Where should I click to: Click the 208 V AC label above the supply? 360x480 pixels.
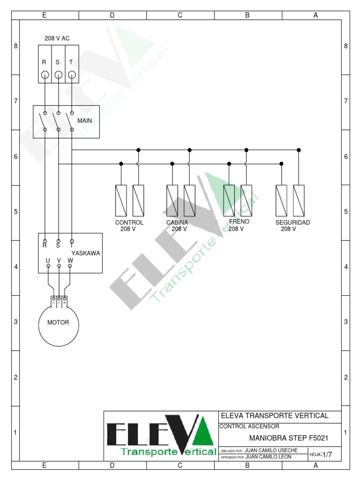(x=57, y=38)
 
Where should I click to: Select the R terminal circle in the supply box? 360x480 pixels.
(x=45, y=75)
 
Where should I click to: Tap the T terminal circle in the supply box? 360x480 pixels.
(x=71, y=75)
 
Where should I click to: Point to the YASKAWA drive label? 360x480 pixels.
(x=86, y=253)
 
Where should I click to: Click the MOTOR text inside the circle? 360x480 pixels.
(x=58, y=322)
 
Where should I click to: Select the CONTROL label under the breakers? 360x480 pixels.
(x=129, y=222)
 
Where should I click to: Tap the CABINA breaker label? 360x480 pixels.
(x=177, y=222)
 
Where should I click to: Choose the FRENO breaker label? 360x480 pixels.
(x=239, y=221)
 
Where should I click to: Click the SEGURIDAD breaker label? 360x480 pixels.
(x=292, y=222)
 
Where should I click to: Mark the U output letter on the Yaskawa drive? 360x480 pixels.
(x=48, y=260)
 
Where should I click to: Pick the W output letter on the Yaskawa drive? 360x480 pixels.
(x=70, y=260)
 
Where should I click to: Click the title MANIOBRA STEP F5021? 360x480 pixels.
(x=288, y=439)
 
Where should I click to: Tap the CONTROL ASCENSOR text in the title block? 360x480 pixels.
(x=249, y=427)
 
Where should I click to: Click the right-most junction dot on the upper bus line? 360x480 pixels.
(x=299, y=150)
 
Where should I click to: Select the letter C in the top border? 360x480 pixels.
(x=180, y=15)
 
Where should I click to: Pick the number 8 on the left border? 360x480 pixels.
(x=15, y=46)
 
